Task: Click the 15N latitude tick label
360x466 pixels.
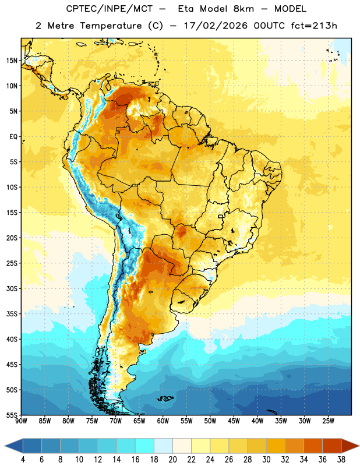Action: pyautogui.click(x=12, y=61)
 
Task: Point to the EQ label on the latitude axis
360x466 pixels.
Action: pyautogui.click(x=13, y=137)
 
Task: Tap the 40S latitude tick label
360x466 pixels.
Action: pyautogui.click(x=12, y=339)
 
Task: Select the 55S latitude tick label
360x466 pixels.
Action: pyautogui.click(x=12, y=415)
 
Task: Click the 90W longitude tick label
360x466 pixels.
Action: pyautogui.click(x=21, y=421)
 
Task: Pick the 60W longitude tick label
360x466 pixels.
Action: pyautogui.click(x=163, y=421)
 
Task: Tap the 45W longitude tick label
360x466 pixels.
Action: pyautogui.click(x=234, y=421)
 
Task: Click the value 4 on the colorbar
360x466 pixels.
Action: pyautogui.click(x=23, y=460)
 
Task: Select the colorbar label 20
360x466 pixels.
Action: pyautogui.click(x=172, y=460)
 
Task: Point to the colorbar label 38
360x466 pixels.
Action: pyautogui.click(x=341, y=460)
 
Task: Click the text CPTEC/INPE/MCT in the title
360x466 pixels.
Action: pyautogui.click(x=110, y=9)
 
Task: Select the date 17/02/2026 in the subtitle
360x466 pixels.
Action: pyautogui.click(x=216, y=26)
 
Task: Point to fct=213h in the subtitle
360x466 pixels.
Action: pyautogui.click(x=314, y=26)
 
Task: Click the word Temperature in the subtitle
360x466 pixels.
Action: pyautogui.click(x=111, y=26)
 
